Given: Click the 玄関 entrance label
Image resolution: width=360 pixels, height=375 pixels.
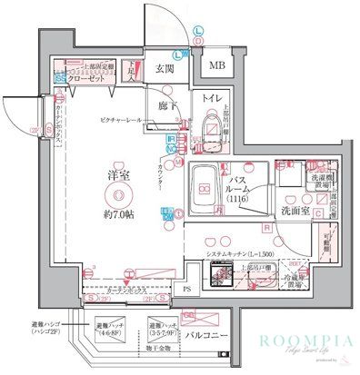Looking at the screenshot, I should (x=165, y=67).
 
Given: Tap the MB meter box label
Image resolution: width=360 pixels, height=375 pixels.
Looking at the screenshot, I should (x=218, y=65).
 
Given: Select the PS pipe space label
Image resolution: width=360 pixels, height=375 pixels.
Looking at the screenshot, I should (x=187, y=289).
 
